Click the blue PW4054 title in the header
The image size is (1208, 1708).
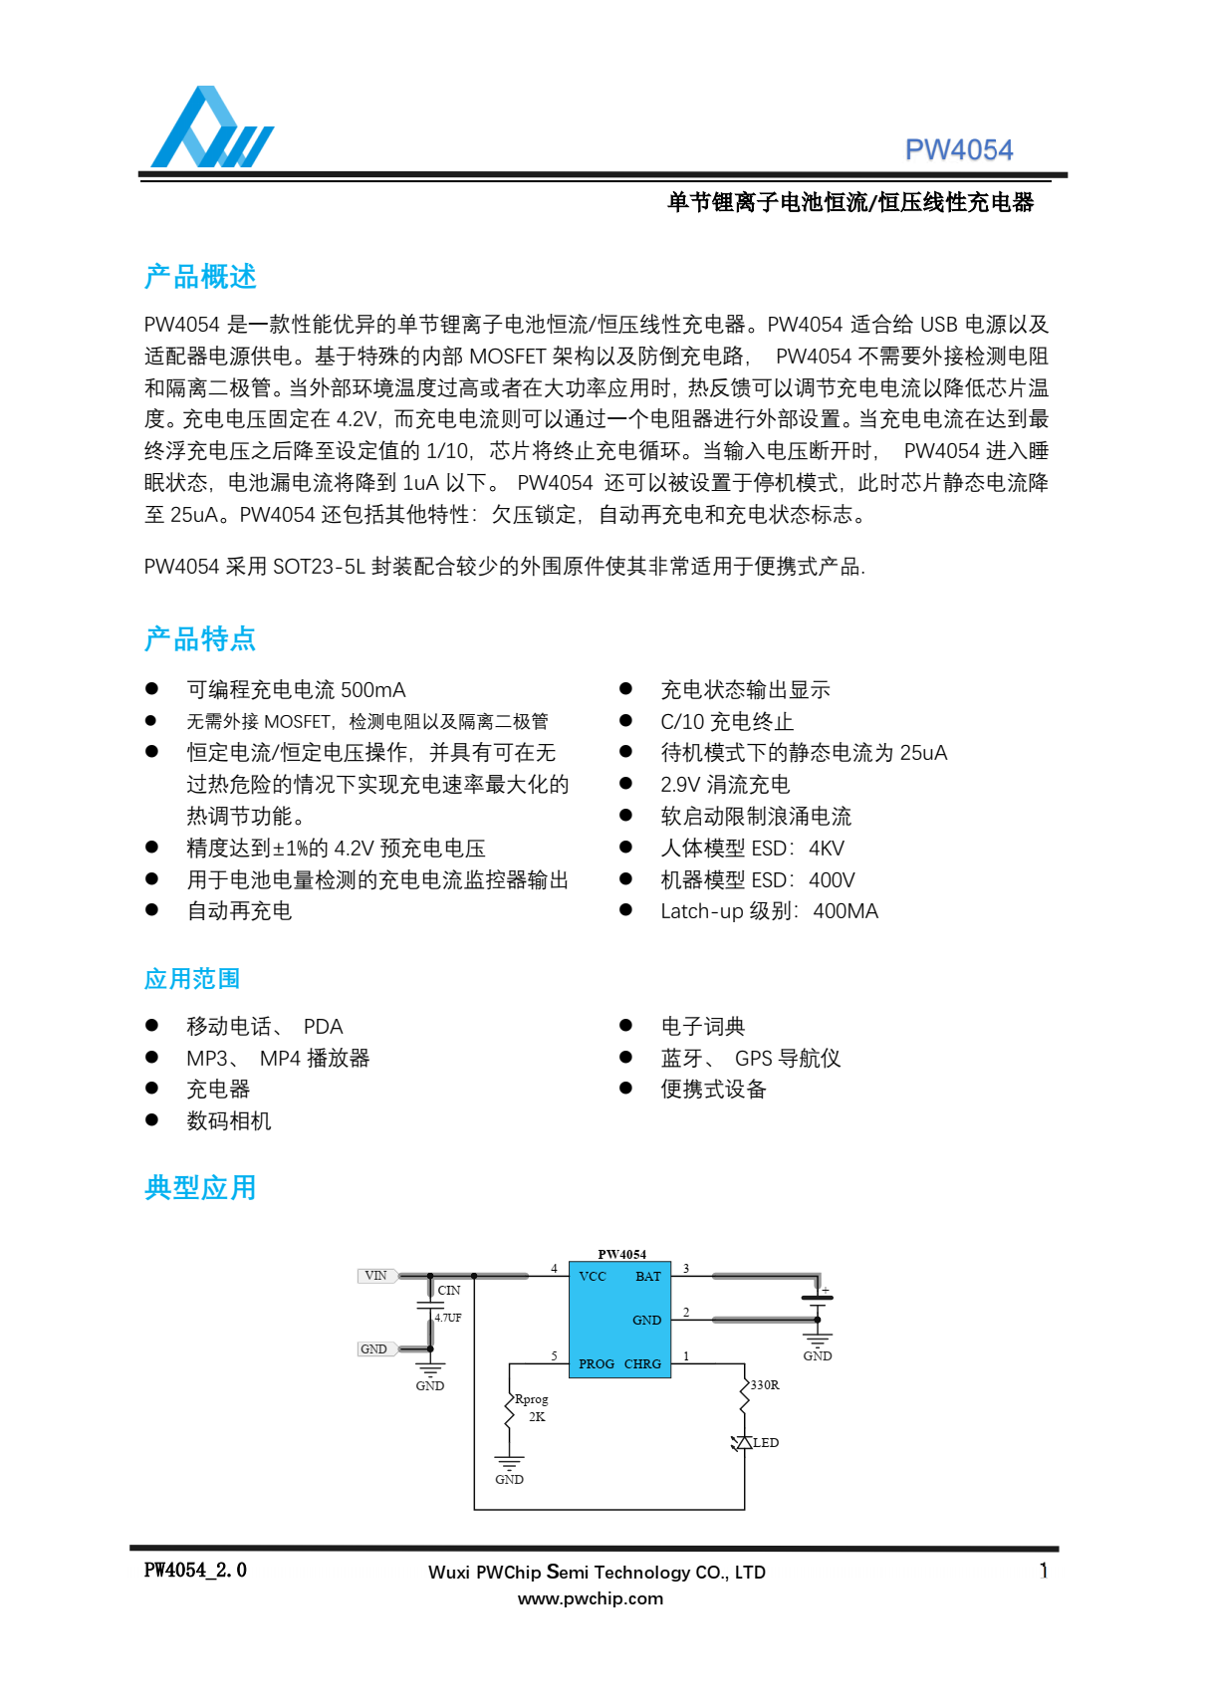[x=958, y=150]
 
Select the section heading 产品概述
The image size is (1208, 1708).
[x=200, y=277]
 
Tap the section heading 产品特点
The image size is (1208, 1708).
[x=200, y=639]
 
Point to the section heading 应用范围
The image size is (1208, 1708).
[x=192, y=979]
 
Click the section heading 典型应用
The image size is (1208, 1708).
[x=200, y=1188]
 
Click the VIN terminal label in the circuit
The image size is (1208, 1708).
[x=376, y=1276]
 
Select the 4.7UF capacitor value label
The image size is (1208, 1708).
[x=448, y=1318]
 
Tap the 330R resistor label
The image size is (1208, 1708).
[x=765, y=1385]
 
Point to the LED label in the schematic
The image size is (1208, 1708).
[x=766, y=1443]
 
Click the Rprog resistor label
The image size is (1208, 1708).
[x=531, y=1399]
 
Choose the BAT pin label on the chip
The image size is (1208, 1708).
[x=647, y=1277]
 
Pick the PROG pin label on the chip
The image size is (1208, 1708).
[x=596, y=1364]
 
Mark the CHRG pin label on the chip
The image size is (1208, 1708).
[x=642, y=1364]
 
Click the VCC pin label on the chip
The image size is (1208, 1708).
[x=593, y=1277]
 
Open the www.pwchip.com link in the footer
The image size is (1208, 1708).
[x=590, y=1599]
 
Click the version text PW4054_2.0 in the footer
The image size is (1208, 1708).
[x=195, y=1571]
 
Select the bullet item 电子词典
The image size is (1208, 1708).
[x=702, y=1027]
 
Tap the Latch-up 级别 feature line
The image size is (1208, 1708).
[x=769, y=911]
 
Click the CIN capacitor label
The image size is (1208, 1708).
[x=449, y=1291]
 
